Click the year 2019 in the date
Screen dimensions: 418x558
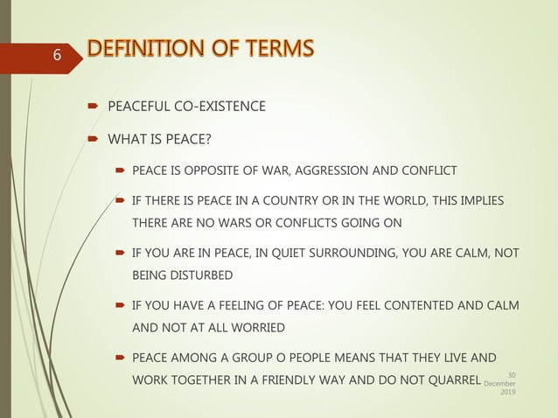[507, 393]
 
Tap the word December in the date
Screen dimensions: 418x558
[502, 384]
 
